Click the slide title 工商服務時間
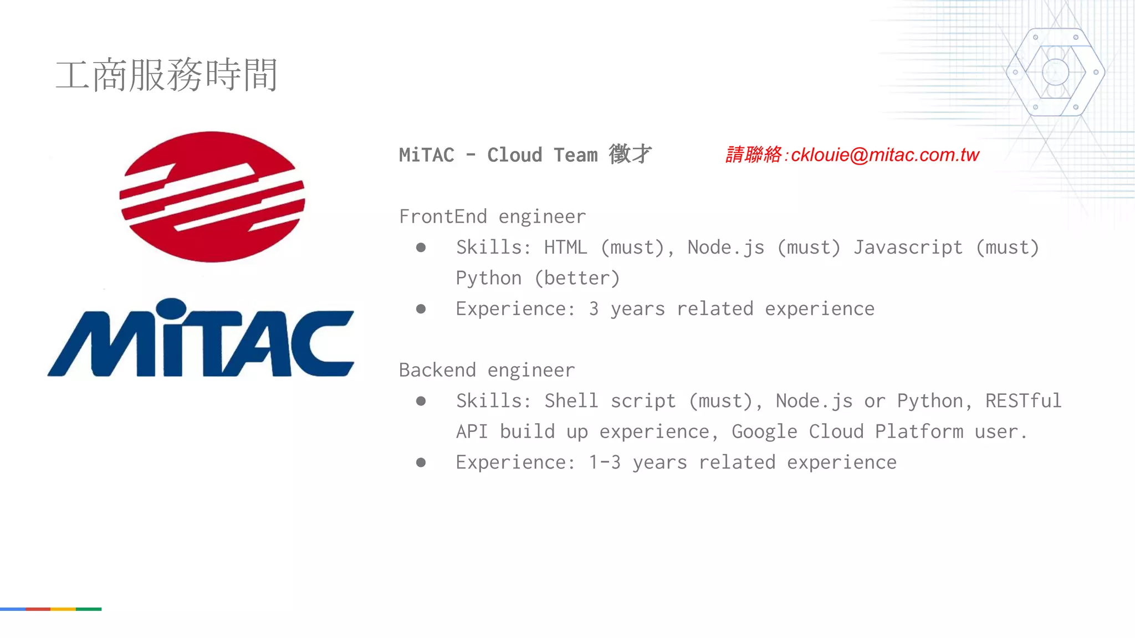coord(166,75)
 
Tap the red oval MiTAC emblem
coord(212,197)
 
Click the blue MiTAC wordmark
coord(201,339)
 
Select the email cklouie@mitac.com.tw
coord(885,155)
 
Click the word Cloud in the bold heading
coord(514,155)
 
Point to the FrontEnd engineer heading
coord(492,217)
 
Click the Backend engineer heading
coord(487,370)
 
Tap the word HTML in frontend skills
coord(565,247)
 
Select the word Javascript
coord(908,247)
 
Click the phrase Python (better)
coord(538,278)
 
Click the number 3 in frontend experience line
coord(594,309)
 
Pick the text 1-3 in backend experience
coord(604,462)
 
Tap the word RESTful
coord(1023,401)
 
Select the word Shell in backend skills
coord(571,401)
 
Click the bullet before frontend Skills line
coord(421,248)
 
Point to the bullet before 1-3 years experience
coord(421,462)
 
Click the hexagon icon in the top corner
coord(1055,72)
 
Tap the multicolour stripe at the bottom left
coord(50,609)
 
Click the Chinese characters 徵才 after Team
coord(630,155)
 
